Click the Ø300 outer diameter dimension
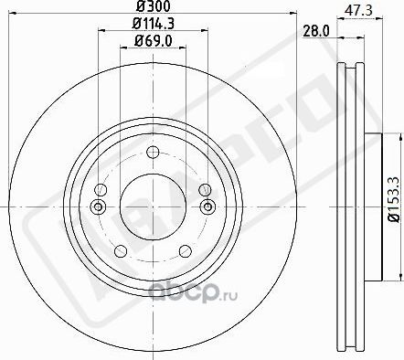coord(150,7)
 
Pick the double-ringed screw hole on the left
coord(99,206)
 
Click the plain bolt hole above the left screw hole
coord(101,189)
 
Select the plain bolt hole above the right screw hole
coord(203,189)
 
